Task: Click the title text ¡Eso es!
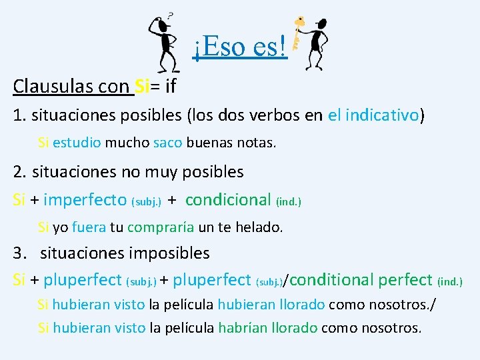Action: (x=240, y=46)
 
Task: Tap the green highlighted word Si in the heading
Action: (x=142, y=86)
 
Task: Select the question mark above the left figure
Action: (x=170, y=14)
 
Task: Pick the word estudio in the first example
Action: (x=77, y=143)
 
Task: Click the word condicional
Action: (x=228, y=199)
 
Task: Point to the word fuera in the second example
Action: (x=89, y=227)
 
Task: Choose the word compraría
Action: (x=160, y=227)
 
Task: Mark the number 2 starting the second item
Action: (x=18, y=172)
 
